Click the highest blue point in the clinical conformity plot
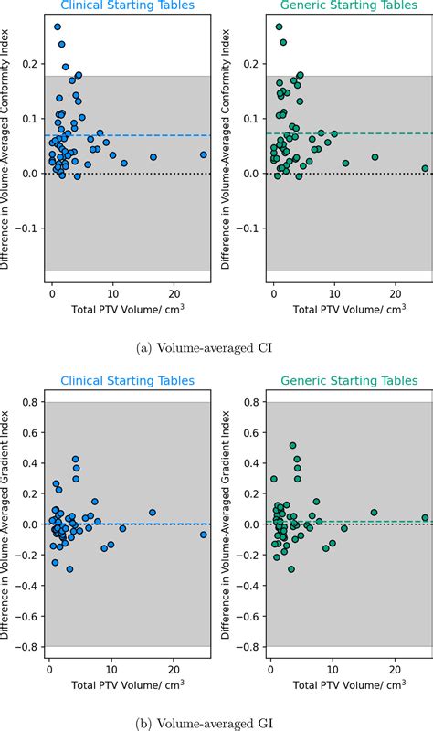click(58, 26)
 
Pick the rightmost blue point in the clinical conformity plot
click(204, 154)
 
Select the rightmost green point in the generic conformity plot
click(425, 168)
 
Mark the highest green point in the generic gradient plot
click(292, 446)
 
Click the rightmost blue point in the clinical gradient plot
click(204, 535)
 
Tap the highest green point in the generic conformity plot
click(280, 26)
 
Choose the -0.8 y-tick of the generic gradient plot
click(248, 647)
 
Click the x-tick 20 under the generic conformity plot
click(394, 294)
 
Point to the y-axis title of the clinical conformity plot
click(7, 146)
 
